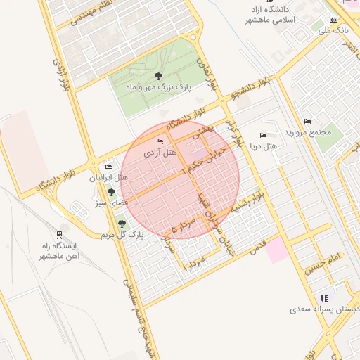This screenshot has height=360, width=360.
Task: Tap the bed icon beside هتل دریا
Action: click(x=263, y=135)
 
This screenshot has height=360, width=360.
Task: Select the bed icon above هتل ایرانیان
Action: click(x=108, y=167)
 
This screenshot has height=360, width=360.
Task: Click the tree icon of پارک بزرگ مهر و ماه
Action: click(x=157, y=76)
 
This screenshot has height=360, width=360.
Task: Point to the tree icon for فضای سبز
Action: click(x=110, y=191)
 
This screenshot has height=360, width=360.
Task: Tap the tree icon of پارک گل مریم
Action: click(x=122, y=223)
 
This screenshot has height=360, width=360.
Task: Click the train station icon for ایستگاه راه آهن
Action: click(x=60, y=234)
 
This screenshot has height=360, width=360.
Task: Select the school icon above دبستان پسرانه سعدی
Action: click(x=324, y=298)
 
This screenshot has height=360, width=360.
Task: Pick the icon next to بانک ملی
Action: click(x=333, y=20)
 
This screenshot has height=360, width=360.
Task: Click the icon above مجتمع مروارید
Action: click(x=307, y=121)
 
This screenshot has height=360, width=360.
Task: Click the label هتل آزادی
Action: click(x=159, y=152)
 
